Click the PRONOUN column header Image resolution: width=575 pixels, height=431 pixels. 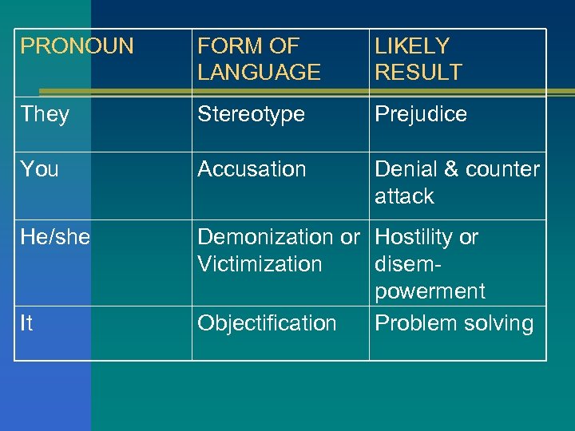[x=77, y=46]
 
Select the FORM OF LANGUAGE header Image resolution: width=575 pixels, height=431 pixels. [x=259, y=59]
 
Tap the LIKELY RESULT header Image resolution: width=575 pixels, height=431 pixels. [x=418, y=59]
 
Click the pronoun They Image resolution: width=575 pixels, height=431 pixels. [x=45, y=114]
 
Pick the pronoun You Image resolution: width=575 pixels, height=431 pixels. [x=40, y=169]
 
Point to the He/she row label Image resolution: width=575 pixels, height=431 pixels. [x=55, y=237]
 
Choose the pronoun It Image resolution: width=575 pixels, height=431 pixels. [x=26, y=323]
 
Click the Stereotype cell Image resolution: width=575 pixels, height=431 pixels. [x=251, y=114]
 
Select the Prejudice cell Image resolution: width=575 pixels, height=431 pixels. [x=421, y=114]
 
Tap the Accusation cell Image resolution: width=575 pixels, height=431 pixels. [x=252, y=169]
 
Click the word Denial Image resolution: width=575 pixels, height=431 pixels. [x=404, y=169]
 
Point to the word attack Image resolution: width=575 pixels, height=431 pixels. [x=404, y=196]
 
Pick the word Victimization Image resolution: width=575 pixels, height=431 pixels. [x=260, y=264]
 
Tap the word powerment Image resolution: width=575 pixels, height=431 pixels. [x=430, y=291]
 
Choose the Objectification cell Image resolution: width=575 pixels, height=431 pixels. [x=267, y=323]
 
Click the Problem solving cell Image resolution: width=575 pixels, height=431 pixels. [x=454, y=323]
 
